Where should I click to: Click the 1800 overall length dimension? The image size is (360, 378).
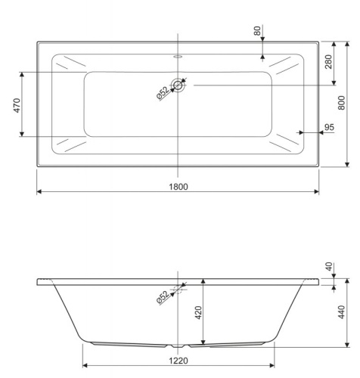tap(178, 186)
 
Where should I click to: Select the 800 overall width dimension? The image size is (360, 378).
tap(341, 104)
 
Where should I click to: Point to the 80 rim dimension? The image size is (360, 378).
tap(257, 32)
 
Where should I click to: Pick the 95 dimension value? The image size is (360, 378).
tap(328, 127)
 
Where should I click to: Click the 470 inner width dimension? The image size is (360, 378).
tap(16, 104)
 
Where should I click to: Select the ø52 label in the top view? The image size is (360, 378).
tap(163, 93)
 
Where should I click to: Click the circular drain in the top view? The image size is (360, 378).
tap(178, 85)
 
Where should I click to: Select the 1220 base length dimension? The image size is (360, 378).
tap(178, 361)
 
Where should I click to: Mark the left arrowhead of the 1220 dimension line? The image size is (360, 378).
tap(85, 366)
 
